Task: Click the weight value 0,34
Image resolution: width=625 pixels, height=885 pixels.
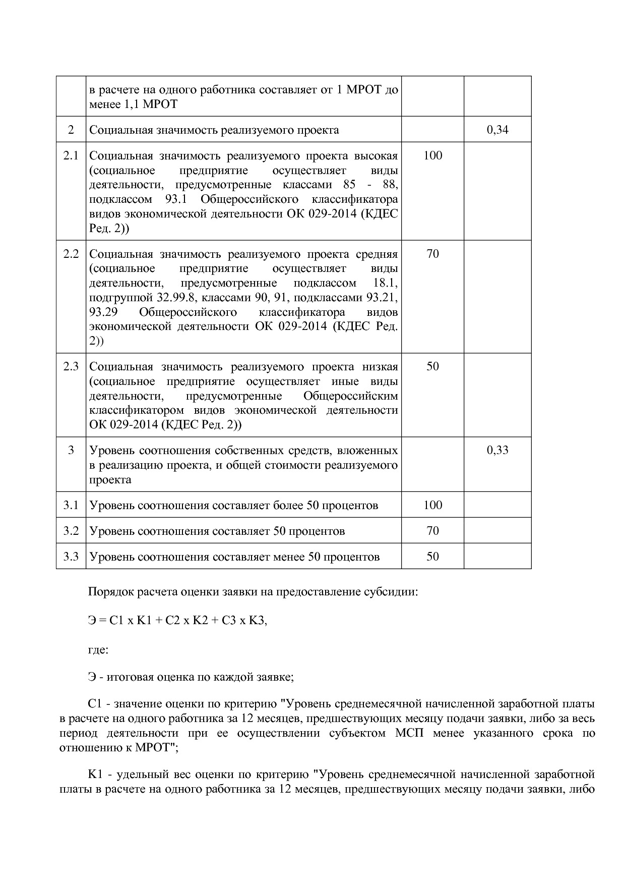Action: (x=497, y=130)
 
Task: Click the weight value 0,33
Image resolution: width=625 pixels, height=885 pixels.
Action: (x=497, y=450)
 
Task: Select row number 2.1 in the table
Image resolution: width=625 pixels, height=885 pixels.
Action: (x=71, y=155)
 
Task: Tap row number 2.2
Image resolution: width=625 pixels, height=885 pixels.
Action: (x=71, y=254)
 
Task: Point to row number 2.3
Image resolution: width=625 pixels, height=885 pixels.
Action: (x=71, y=367)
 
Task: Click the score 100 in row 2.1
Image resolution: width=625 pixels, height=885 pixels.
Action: (x=432, y=155)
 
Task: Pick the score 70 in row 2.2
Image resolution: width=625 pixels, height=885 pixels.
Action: (x=432, y=254)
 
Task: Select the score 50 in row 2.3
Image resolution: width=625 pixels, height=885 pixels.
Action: (x=432, y=367)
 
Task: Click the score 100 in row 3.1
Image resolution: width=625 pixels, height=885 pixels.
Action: (x=432, y=505)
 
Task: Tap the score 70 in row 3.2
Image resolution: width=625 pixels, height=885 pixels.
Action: (x=432, y=531)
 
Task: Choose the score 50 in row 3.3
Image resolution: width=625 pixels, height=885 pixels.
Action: (x=432, y=557)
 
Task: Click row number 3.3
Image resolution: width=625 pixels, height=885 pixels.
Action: (x=71, y=557)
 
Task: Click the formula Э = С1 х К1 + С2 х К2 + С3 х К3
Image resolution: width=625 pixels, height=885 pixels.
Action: (x=177, y=621)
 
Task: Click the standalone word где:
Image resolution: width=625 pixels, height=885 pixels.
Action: (x=98, y=649)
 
